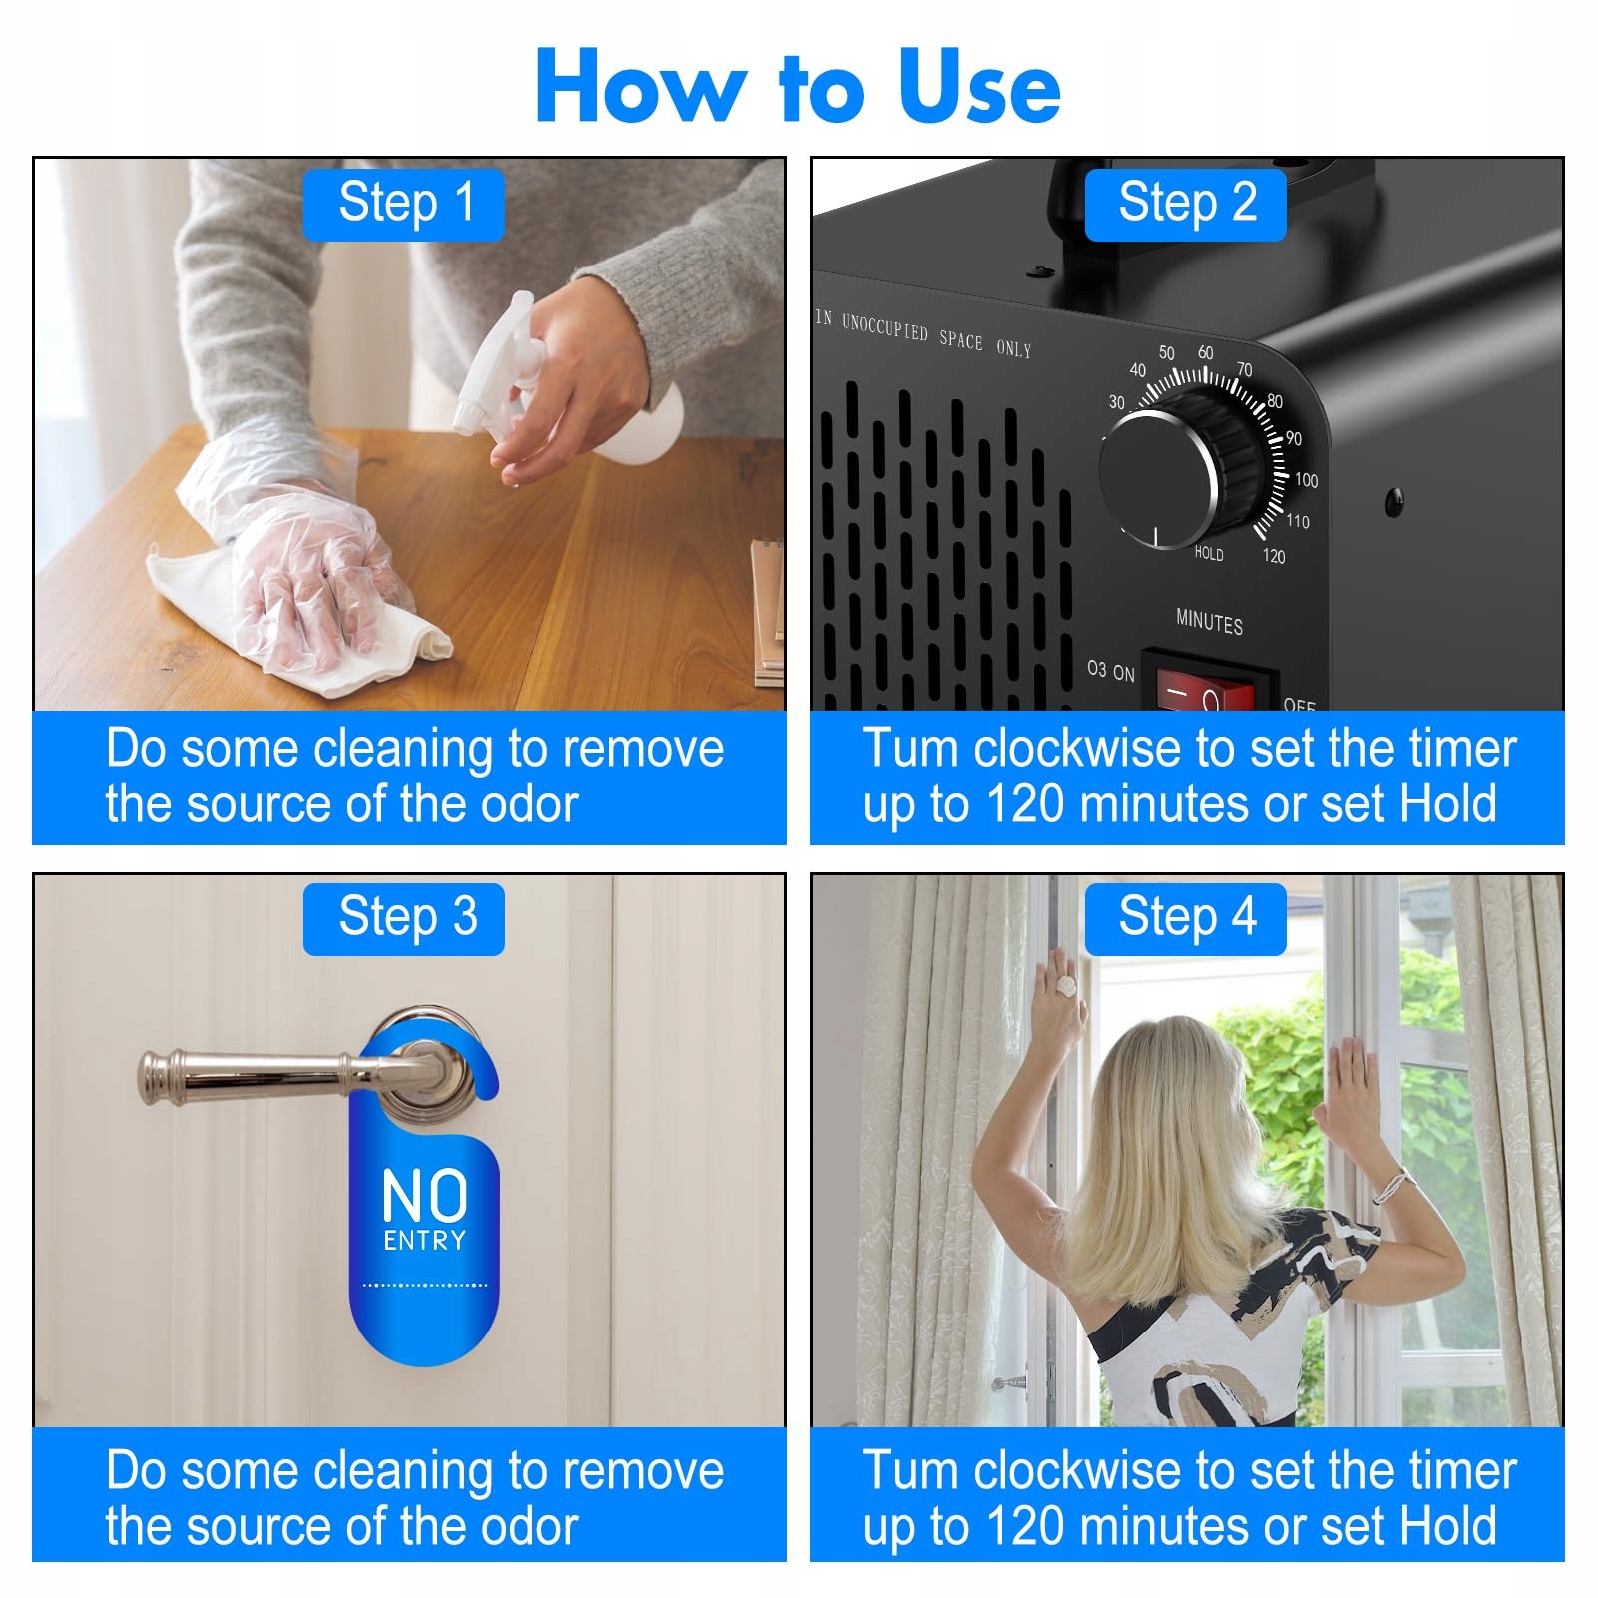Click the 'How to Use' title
click(798, 87)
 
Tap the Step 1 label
click(404, 204)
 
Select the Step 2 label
click(1186, 204)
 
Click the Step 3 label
click(404, 918)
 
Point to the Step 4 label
click(1186, 918)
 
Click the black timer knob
click(1178, 469)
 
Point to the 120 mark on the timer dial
click(1274, 556)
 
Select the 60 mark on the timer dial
click(1206, 353)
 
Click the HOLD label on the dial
click(1209, 553)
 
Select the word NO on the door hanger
click(425, 1195)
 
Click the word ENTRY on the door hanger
click(425, 1241)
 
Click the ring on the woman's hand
click(1067, 986)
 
